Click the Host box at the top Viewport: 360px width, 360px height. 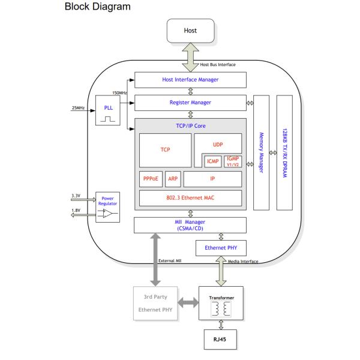coord(190,29)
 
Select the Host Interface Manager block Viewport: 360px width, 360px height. coord(190,79)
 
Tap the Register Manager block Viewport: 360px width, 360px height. coord(190,103)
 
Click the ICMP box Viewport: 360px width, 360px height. coord(213,161)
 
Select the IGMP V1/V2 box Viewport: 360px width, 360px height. coord(233,161)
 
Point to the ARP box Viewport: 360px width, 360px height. coord(172,179)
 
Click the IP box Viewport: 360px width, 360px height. coord(212,179)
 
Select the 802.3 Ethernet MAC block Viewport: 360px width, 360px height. coord(190,198)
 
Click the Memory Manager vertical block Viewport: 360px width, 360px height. coord(261,152)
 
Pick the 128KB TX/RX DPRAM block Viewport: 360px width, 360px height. coord(285,152)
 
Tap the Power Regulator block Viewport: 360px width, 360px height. coord(109,207)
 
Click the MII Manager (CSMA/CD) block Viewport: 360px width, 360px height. coord(190,225)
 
